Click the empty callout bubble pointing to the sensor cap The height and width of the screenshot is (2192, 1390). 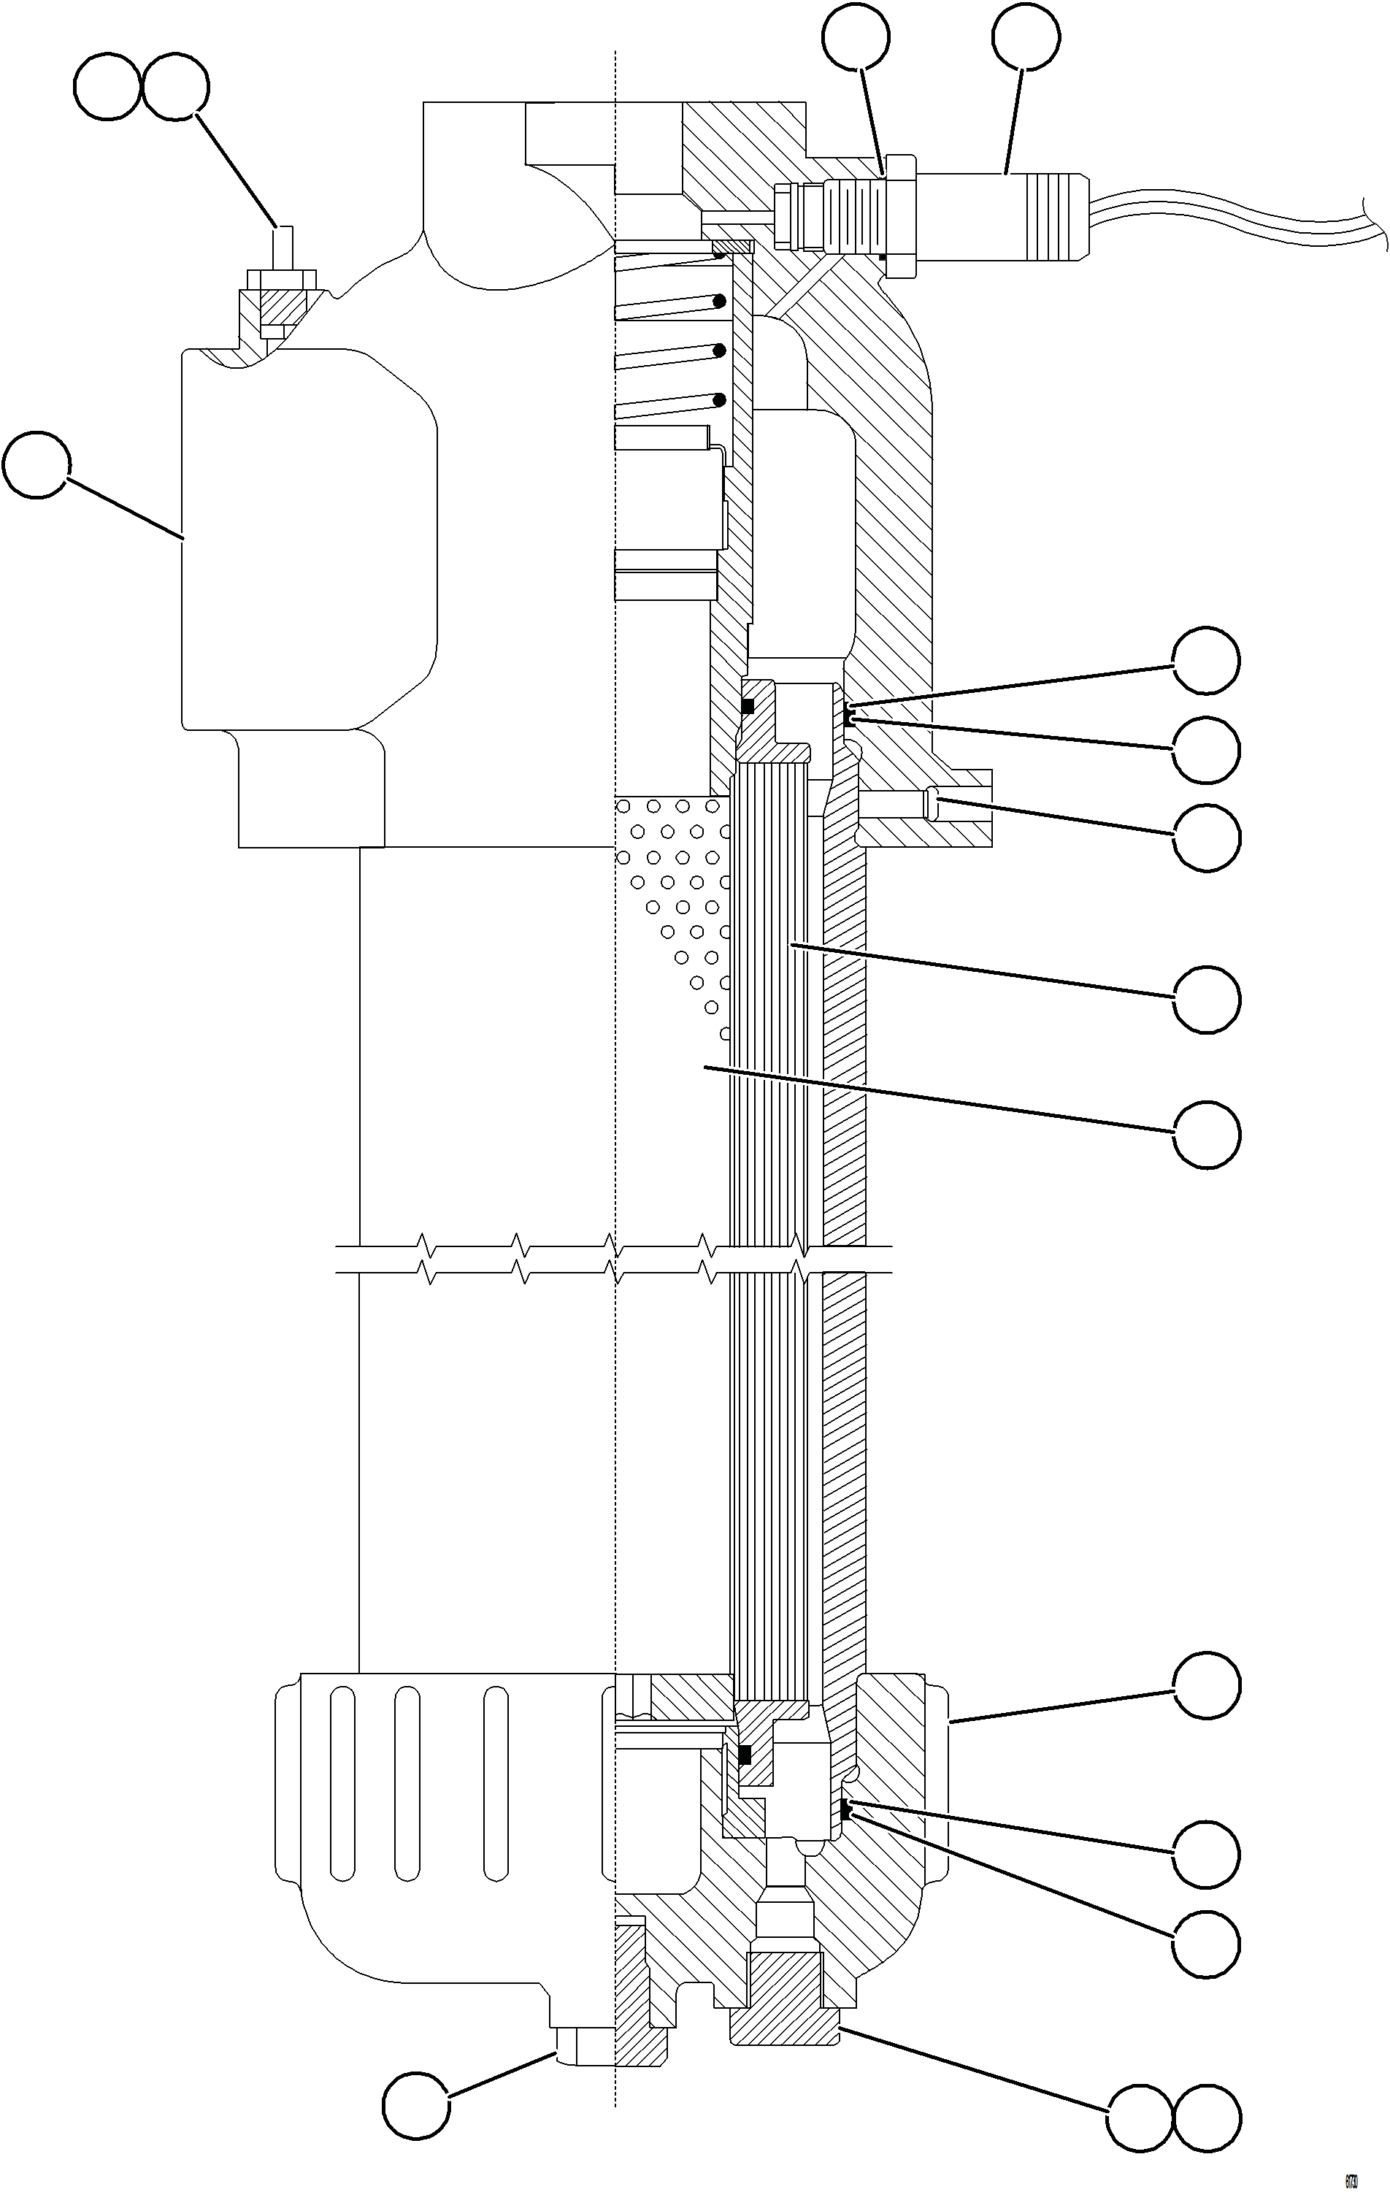click(1026, 37)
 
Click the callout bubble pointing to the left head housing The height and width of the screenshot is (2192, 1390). click(37, 465)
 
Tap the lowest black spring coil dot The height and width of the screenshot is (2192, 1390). click(720, 399)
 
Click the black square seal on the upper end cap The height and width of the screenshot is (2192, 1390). click(748, 705)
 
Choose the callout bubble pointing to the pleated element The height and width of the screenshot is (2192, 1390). click(1206, 1000)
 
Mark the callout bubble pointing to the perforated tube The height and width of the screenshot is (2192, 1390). click(1206, 1133)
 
